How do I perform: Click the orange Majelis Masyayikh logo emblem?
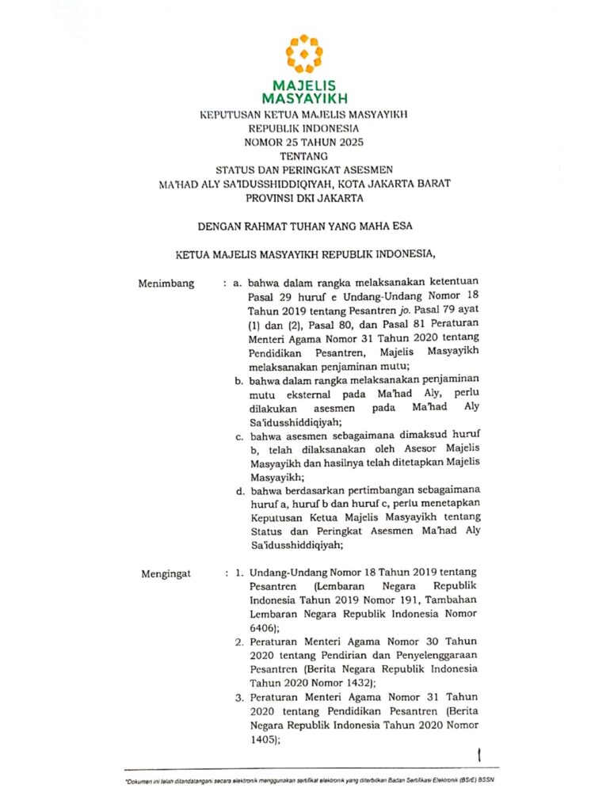[304, 54]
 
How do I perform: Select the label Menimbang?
[166, 283]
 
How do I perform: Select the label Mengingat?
[166, 573]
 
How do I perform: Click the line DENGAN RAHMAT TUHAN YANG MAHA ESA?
[304, 226]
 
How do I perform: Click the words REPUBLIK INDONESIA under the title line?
[304, 128]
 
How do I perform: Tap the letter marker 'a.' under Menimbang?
[237, 283]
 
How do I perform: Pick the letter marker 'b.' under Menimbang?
[238, 381]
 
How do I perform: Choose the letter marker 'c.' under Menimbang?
[238, 436]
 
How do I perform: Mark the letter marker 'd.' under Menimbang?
[238, 492]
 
